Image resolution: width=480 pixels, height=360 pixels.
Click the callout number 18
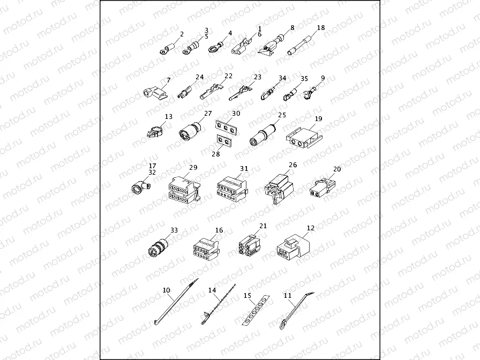point(321,27)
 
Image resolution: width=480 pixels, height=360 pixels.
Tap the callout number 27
point(208,114)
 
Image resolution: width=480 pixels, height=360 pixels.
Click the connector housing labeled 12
point(293,248)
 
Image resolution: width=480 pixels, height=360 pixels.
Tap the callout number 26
point(292,165)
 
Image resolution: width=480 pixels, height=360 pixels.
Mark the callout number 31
point(244,168)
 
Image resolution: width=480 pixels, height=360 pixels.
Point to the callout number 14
point(213,290)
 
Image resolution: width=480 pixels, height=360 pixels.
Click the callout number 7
point(168,80)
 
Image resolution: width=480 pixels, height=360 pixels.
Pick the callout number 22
point(229,76)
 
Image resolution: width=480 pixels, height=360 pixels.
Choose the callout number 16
point(219,230)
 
